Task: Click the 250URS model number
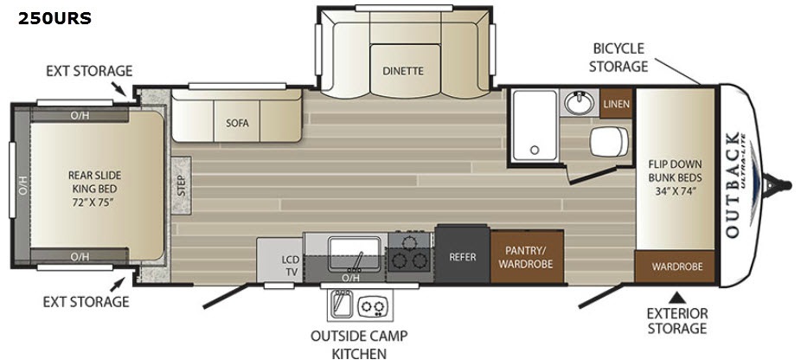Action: tap(54, 19)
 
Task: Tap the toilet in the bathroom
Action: tap(610, 140)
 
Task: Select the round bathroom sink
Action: tap(580, 103)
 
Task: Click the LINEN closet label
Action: tap(616, 104)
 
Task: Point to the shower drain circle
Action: tap(535, 150)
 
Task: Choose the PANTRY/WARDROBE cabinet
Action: tap(527, 257)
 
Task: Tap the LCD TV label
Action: tap(292, 265)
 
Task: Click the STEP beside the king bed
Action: tap(182, 185)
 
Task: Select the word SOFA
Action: tap(237, 123)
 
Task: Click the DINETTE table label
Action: tap(403, 71)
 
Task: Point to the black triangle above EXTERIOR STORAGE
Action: tap(677, 297)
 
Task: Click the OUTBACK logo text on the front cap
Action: tap(732, 184)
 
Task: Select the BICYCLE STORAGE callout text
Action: tap(618, 57)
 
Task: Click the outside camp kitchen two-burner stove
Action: tap(373, 307)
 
